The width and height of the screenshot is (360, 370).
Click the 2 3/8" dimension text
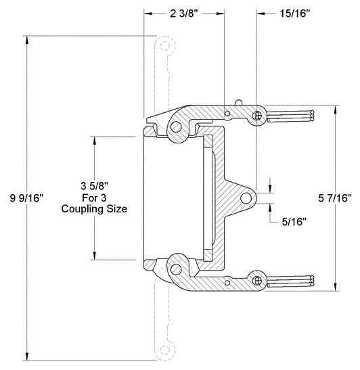(x=184, y=14)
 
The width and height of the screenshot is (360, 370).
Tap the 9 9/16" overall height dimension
(x=27, y=198)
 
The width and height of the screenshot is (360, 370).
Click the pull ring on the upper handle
(x=256, y=116)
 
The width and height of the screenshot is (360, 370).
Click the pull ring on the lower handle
(x=256, y=278)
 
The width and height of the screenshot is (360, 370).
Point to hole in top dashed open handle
(x=164, y=47)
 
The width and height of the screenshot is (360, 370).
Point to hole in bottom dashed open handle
(x=164, y=350)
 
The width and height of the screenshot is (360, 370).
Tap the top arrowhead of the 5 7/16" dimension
(x=336, y=108)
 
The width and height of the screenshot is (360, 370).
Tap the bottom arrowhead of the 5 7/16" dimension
(x=336, y=287)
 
